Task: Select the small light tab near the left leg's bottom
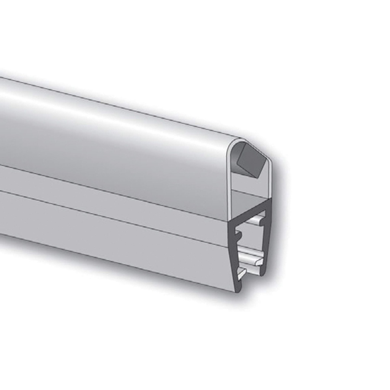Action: point(241,273)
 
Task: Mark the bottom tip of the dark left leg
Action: point(237,289)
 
